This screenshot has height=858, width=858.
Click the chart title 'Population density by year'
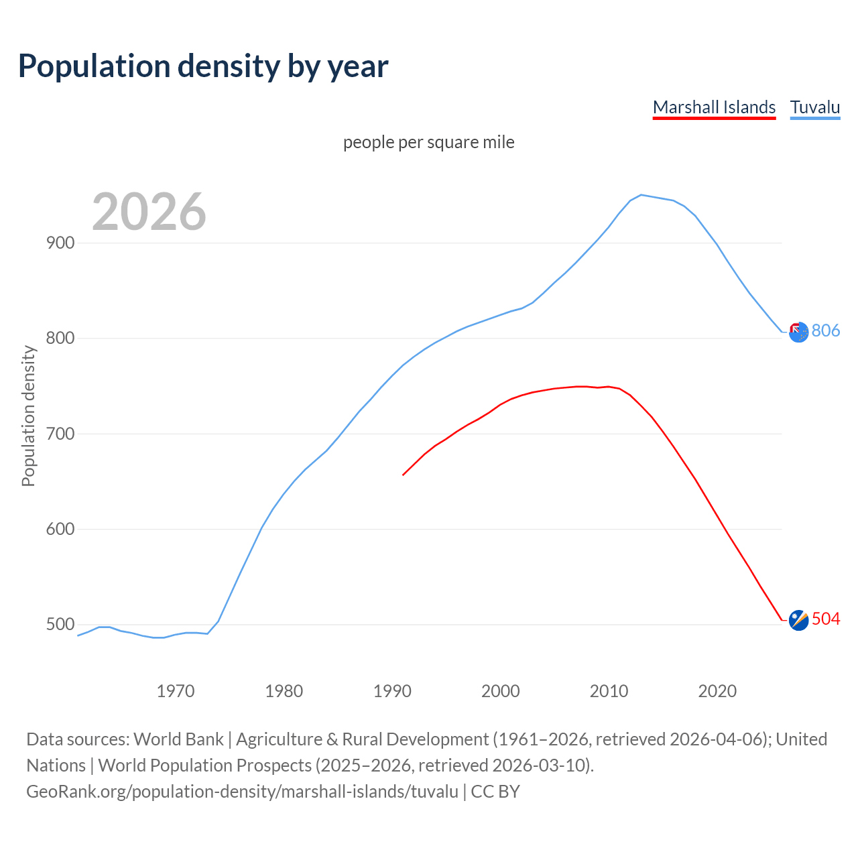point(203,66)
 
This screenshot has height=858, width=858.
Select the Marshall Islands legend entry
point(714,107)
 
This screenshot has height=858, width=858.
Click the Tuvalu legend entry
point(814,107)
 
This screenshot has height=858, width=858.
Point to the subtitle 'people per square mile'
point(429,143)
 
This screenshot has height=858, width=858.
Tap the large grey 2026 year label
point(149,212)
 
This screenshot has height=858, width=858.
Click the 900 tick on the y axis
point(60,243)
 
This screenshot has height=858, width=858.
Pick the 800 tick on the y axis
point(60,339)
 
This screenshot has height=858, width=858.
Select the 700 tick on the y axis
point(60,434)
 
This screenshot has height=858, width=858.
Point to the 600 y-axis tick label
point(60,529)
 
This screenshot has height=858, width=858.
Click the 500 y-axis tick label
point(60,625)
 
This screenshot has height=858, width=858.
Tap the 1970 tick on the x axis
point(176,691)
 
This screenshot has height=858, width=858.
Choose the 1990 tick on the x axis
point(392,691)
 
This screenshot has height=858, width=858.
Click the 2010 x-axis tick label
point(609,691)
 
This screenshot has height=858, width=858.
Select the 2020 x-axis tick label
point(717,691)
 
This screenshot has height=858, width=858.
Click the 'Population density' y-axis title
point(28,416)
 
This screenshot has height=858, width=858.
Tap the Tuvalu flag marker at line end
point(798,332)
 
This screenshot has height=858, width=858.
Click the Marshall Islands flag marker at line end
point(798,621)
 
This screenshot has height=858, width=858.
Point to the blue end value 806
point(826,330)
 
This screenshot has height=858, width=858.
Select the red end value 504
point(826,619)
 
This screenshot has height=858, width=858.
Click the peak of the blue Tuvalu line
point(641,194)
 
